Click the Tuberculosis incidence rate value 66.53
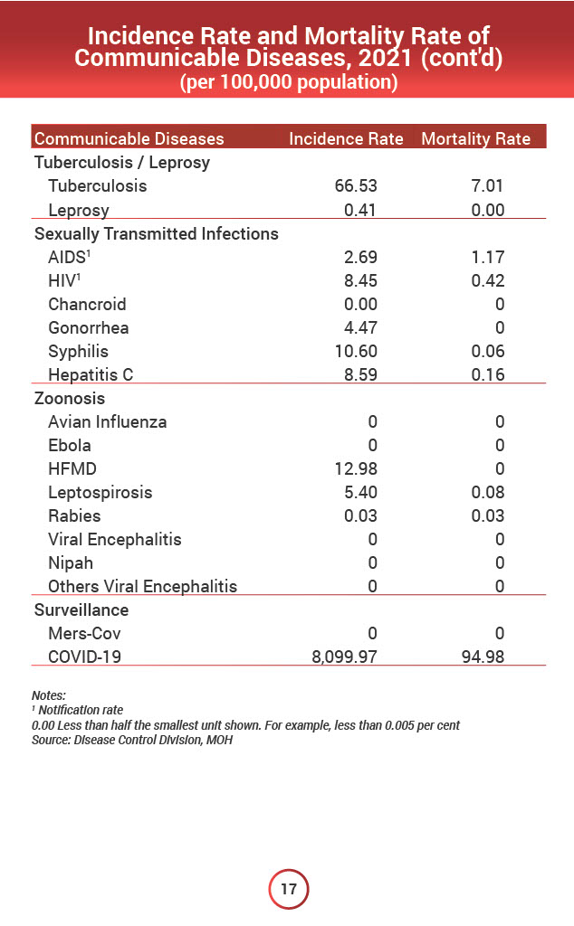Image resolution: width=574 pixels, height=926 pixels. [x=356, y=186]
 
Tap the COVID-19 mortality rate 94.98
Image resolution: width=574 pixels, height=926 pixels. [x=482, y=657]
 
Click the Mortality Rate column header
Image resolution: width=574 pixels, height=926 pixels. [x=476, y=139]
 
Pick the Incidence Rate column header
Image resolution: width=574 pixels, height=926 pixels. [x=346, y=139]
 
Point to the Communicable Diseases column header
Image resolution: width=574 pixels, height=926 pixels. [x=129, y=139]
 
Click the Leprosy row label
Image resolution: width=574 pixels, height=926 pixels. [x=79, y=210]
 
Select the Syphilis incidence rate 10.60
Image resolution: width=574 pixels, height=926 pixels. [x=356, y=351]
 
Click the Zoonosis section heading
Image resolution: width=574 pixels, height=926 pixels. [x=70, y=398]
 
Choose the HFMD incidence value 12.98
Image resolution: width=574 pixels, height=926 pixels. [x=356, y=468]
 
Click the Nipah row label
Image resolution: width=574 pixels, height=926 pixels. [x=71, y=562]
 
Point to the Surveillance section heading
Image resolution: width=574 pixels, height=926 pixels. [x=81, y=609]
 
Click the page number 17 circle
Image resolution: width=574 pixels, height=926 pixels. [x=288, y=889]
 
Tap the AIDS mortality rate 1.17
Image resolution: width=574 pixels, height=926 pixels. [x=487, y=257]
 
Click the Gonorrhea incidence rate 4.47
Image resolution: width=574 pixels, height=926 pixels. [x=359, y=327]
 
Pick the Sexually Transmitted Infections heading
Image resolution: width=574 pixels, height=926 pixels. [x=156, y=233]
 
